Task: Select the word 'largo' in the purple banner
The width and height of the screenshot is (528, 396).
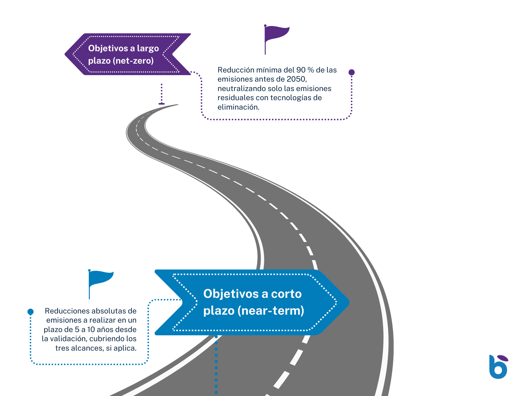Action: (x=148, y=48)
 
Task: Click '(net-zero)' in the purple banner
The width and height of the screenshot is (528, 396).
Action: (x=133, y=61)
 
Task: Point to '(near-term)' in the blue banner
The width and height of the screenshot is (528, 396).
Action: (x=271, y=311)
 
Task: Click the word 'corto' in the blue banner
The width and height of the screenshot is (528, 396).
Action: (x=286, y=294)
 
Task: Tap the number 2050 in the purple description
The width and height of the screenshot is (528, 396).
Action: (x=296, y=79)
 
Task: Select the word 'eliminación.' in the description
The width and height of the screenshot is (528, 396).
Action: (x=238, y=107)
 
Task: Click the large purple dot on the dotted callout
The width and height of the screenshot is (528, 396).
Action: (x=352, y=72)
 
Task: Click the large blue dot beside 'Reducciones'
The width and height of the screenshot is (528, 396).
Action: (x=30, y=311)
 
